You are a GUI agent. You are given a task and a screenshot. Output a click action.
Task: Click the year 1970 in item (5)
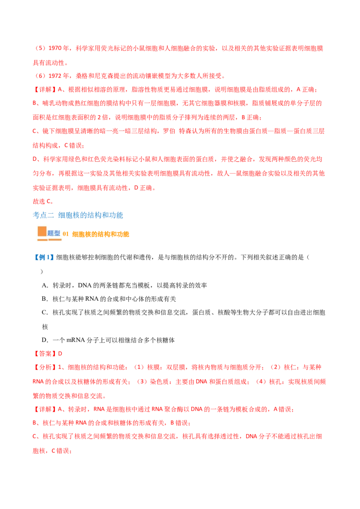(x=55, y=49)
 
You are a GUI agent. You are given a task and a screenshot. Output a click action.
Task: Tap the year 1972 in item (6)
(x=55, y=76)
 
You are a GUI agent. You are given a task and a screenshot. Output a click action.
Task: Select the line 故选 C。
(x=43, y=201)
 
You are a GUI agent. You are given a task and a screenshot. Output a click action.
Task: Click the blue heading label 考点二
(x=43, y=215)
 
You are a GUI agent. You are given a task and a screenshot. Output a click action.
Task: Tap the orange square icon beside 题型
(x=42, y=231)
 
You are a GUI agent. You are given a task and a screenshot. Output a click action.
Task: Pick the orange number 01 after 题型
(x=66, y=234)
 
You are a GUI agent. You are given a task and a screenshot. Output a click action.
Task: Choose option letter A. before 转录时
(x=45, y=286)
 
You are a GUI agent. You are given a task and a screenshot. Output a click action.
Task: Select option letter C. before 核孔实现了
(x=45, y=313)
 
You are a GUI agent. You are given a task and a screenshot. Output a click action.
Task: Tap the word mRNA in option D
(x=76, y=340)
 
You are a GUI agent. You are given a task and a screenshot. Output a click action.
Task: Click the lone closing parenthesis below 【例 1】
(x=41, y=272)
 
